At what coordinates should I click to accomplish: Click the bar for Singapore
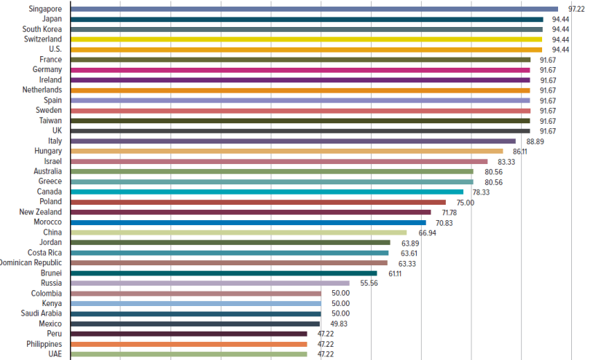(313, 9)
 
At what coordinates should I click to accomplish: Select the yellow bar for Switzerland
(306, 39)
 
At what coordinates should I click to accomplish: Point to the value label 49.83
(339, 324)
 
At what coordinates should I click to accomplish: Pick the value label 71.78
(450, 212)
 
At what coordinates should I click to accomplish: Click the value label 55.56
(368, 283)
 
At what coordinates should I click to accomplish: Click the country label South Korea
(42, 29)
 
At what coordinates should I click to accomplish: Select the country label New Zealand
(41, 212)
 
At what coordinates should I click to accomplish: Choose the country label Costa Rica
(45, 253)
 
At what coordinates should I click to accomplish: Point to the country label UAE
(55, 354)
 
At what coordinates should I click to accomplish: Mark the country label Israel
(52, 161)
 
